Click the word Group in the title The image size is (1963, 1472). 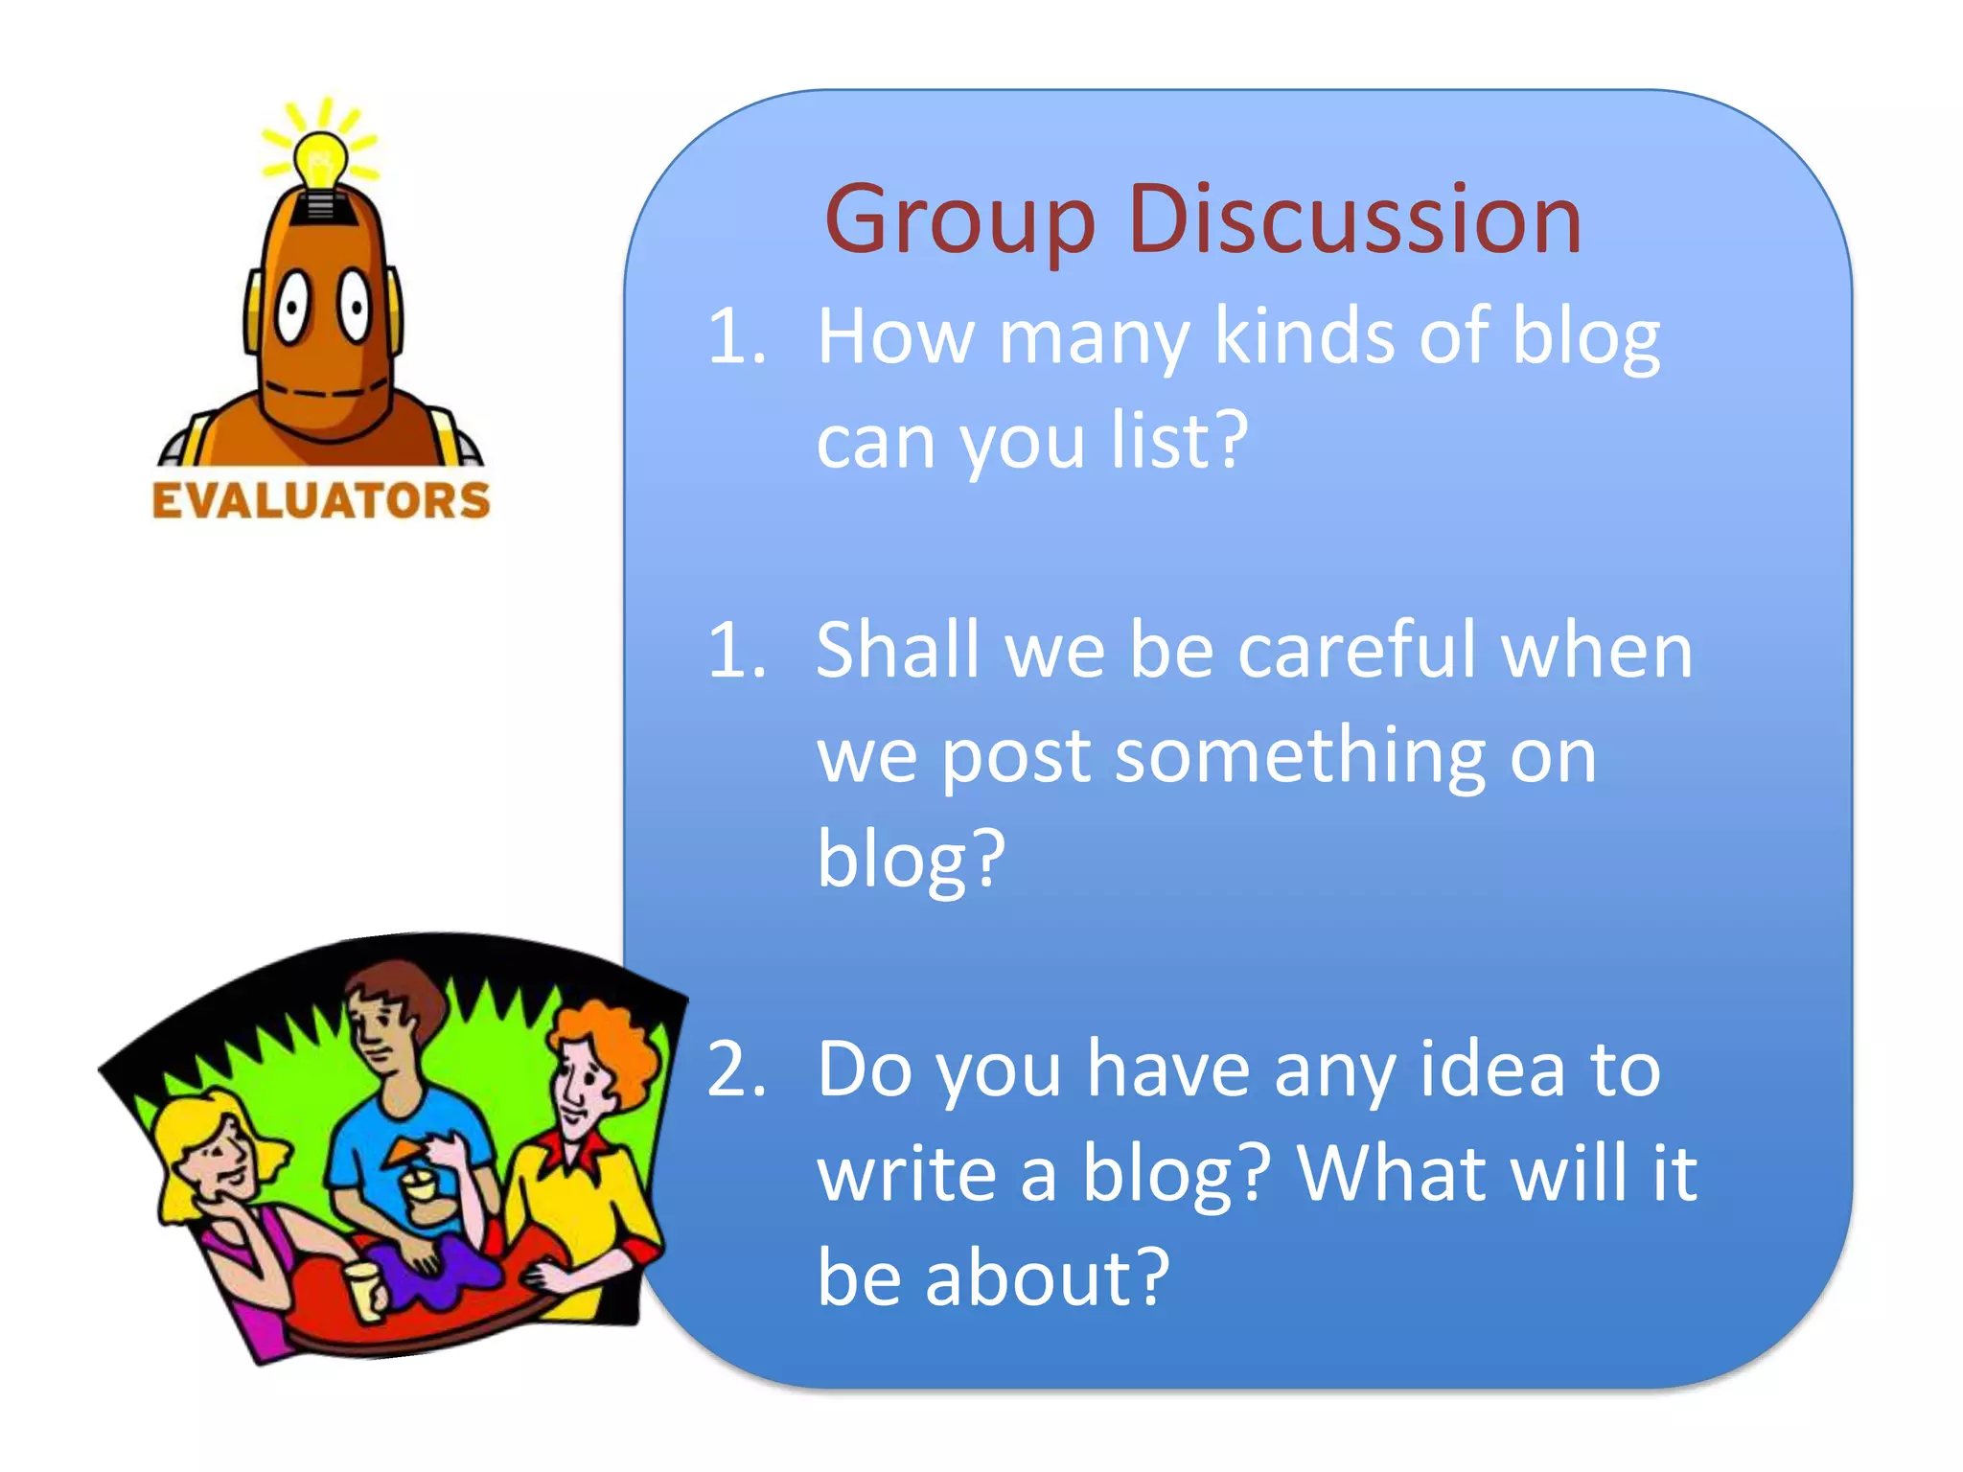(958, 222)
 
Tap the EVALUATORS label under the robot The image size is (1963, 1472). (321, 501)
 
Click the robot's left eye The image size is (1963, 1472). (291, 307)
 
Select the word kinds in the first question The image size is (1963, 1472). (1304, 337)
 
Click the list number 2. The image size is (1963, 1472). (736, 1069)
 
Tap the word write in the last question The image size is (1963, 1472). (907, 1173)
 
